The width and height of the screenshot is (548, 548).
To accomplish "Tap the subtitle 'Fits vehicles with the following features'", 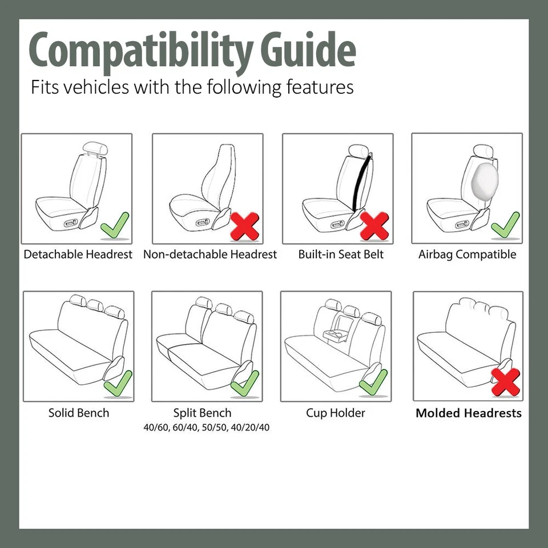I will pos(192,87).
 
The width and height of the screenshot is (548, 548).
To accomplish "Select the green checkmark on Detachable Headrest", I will pos(115,225).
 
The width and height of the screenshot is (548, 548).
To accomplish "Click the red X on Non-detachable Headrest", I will pos(245,226).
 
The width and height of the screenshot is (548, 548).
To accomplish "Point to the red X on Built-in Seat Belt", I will pos(375,226).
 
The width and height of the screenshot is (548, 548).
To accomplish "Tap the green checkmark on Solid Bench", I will pos(118,384).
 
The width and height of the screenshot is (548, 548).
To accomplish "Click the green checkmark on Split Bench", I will pos(245,384).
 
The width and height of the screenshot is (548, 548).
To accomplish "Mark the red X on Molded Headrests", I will pos(506,382).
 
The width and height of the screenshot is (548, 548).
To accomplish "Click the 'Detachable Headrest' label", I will pos(78,255).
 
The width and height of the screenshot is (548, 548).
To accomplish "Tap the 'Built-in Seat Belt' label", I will pos(341,255).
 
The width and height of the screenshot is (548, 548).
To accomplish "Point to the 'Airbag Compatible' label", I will pos(467,255).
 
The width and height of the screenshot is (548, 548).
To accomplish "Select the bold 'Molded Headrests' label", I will pos(468,413).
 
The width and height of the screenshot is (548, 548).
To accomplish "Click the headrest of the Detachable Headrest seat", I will pos(94,150).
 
